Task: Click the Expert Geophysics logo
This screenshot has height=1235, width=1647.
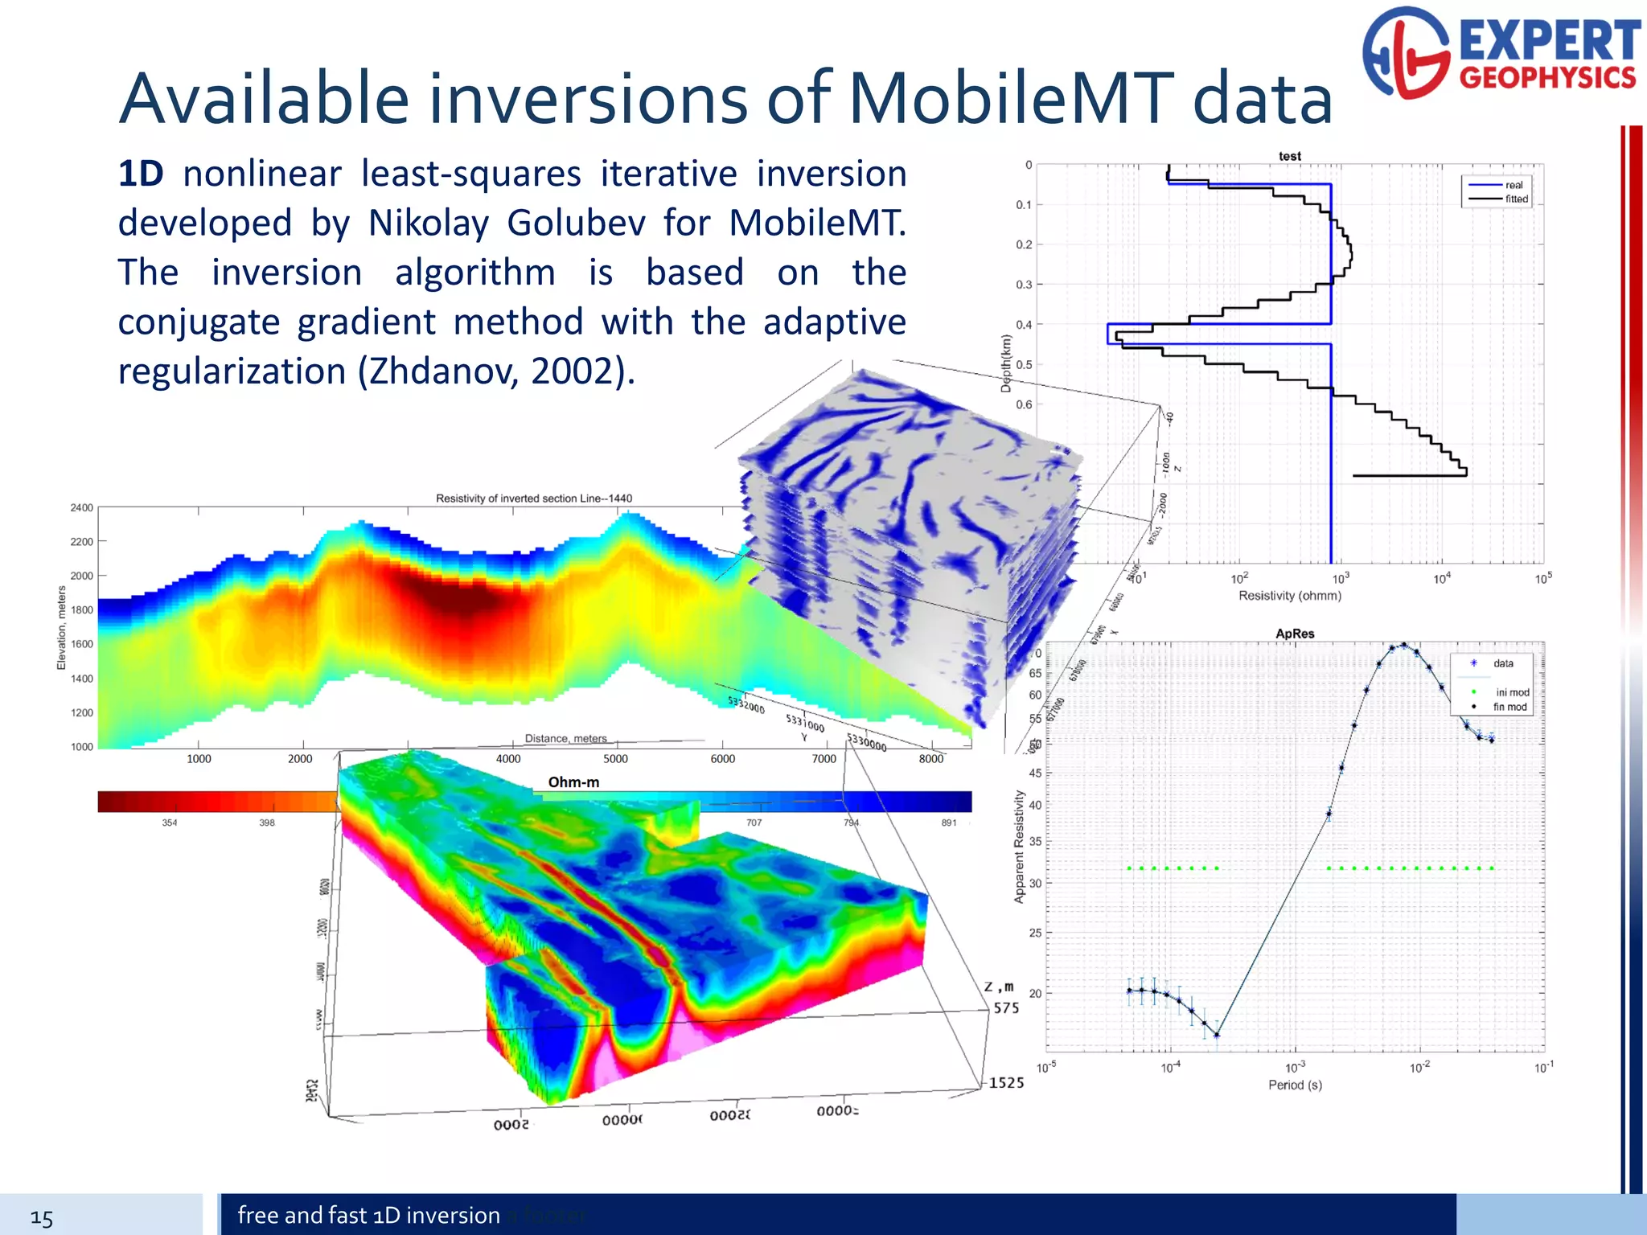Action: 1501,55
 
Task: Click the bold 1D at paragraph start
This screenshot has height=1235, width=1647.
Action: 141,174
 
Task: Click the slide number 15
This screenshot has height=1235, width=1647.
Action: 42,1218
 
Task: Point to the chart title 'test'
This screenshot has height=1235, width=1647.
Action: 1289,156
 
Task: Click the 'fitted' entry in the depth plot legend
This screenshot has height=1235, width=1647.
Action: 1516,199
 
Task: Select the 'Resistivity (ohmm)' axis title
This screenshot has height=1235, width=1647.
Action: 1289,596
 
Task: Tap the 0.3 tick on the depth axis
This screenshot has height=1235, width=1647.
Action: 1023,285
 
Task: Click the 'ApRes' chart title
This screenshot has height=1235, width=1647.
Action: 1294,634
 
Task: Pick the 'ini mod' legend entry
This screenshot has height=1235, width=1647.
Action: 1512,692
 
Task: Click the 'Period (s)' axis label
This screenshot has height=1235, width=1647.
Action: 1295,1085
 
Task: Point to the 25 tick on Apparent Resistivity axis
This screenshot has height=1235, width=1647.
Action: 1035,933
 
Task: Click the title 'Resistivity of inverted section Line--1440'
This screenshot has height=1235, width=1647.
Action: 533,499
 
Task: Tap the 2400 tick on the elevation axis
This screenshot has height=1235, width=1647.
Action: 81,508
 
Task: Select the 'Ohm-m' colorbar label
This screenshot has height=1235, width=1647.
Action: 573,782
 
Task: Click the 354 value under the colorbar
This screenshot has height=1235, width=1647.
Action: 169,823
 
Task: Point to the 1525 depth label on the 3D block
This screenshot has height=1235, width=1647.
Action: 1006,1083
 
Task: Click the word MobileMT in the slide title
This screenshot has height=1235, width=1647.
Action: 1011,99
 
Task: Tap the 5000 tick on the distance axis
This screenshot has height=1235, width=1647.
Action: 615,759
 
